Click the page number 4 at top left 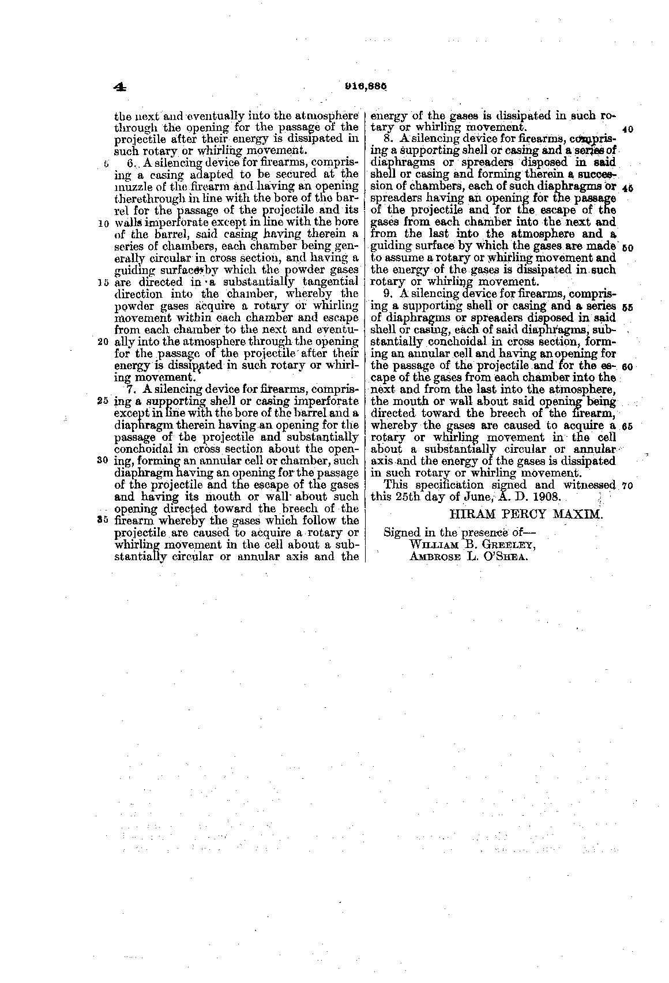point(120,87)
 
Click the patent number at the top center point(364,87)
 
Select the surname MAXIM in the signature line point(580,514)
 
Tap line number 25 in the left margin point(104,401)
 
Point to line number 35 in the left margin point(104,520)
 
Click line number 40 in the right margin point(628,129)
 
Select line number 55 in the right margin point(628,307)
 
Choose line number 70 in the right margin point(628,486)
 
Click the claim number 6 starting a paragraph point(130,163)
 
